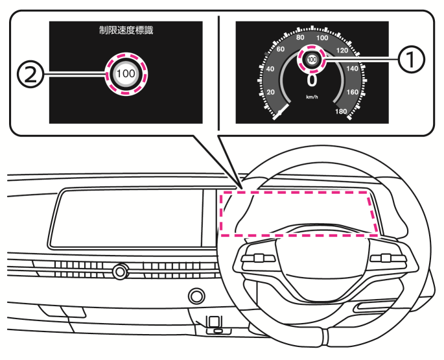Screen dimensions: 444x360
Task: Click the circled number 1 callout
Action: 411,59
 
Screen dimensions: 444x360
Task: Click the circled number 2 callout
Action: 31,74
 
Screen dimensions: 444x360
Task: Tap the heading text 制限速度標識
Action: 126,30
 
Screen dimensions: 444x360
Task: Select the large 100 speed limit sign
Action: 126,74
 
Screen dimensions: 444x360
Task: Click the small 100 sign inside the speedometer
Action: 312,59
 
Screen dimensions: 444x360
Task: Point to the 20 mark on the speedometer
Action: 271,92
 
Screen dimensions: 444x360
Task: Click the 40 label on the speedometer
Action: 270,69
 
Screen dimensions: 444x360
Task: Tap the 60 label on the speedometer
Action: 280,49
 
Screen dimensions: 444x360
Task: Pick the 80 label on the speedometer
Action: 300,38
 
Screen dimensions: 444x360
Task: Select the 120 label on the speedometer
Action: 342,51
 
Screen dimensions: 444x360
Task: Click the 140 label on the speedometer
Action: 352,69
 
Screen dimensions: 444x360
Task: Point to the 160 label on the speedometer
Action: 352,92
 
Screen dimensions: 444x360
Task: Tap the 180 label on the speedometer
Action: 341,112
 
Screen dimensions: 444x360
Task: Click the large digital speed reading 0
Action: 312,80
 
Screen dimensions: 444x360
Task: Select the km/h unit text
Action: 312,97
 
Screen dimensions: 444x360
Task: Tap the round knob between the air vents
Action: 120,272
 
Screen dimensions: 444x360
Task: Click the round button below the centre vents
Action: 196,296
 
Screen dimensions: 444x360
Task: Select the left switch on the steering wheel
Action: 259,258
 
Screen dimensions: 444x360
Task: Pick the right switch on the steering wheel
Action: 388,258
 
